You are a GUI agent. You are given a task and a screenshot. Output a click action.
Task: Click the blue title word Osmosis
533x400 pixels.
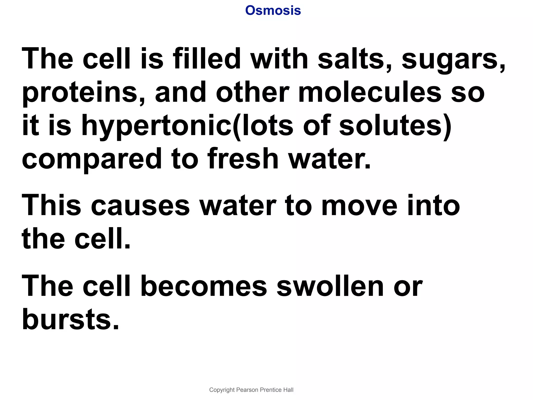[x=273, y=11]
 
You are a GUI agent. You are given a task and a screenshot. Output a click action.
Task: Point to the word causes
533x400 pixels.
[x=140, y=206]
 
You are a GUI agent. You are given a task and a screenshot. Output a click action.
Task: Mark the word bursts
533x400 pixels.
[x=71, y=319]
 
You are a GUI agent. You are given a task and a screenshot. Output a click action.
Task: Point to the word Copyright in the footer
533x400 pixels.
[x=222, y=390]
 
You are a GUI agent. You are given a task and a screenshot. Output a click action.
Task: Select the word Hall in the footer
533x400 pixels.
[x=289, y=390]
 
